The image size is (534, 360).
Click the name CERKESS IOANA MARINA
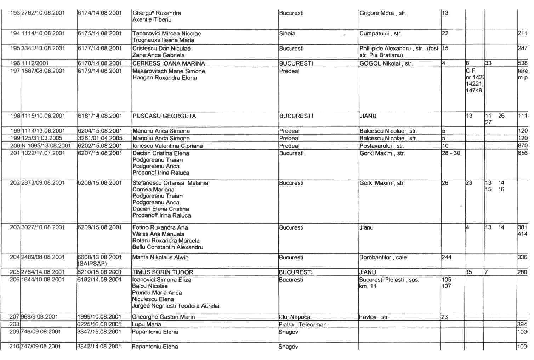pos(168,64)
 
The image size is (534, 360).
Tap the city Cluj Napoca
pos(295,317)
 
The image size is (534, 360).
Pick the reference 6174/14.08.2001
pos(100,13)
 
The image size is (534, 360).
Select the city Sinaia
pos(287,34)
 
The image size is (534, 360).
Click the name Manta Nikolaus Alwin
pos(160,258)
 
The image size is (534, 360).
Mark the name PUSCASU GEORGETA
pos(164,116)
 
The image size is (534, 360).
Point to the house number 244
pos(447,258)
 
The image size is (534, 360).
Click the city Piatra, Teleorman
pos(302,325)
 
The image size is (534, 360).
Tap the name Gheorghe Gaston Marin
pos(163,317)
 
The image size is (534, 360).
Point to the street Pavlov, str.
pos(374,317)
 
